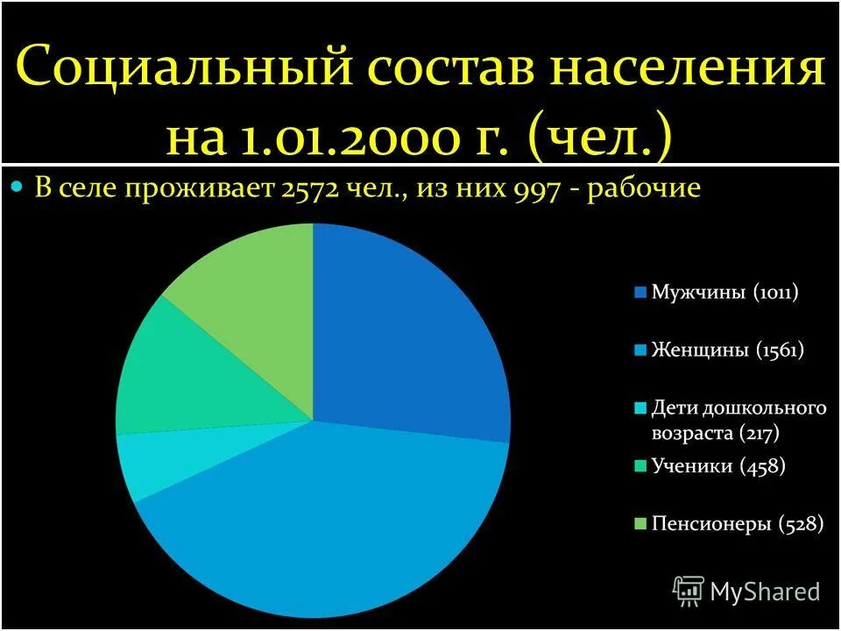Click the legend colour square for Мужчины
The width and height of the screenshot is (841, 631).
(640, 293)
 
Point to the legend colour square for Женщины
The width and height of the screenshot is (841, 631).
(640, 351)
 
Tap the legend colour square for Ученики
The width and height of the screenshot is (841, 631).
(640, 466)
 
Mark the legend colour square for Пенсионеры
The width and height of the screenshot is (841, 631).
(640, 525)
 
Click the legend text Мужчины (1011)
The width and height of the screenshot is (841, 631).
(724, 293)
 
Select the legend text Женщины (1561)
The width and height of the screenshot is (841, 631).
(727, 351)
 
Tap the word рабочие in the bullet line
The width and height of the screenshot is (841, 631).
(644, 189)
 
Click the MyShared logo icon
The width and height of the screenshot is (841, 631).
(688, 592)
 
